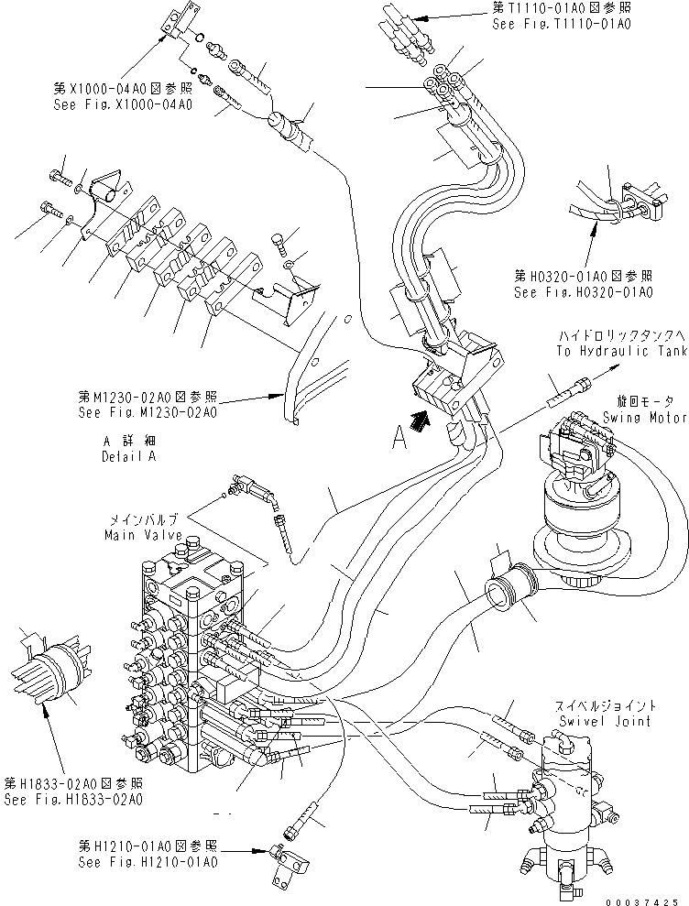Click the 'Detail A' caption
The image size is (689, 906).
128,455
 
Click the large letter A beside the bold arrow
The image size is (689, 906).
399,442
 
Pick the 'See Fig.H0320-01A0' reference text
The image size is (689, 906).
583,293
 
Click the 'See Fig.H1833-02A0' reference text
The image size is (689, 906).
73,800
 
